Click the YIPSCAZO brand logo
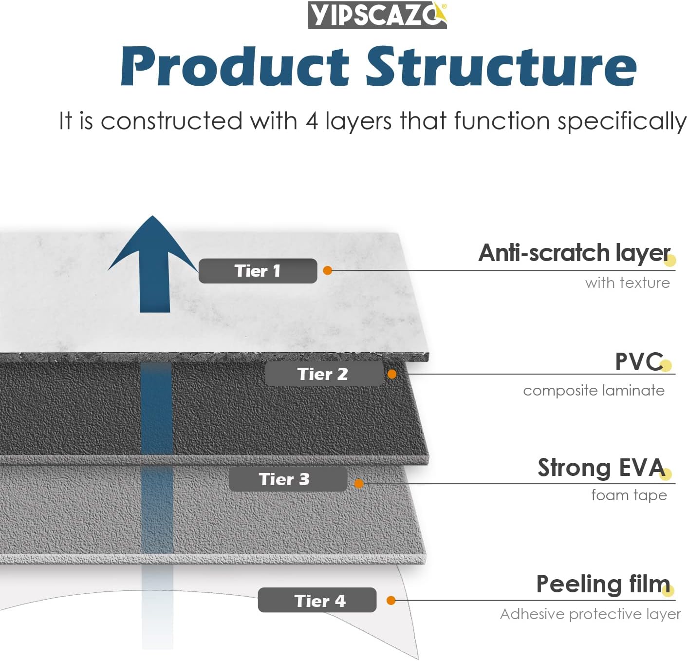coord(377,15)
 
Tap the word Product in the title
coord(235,67)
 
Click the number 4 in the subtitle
coord(312,121)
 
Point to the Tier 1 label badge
coord(258,271)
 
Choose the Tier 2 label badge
coord(323,374)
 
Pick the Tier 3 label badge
coord(287,479)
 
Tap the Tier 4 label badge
coord(317,601)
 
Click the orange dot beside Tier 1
coord(328,270)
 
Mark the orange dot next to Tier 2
coord(392,374)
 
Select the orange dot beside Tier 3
coord(359,483)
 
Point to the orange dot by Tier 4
coord(390,601)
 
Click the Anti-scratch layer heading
coord(574,253)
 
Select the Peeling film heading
coord(602,584)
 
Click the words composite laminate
coord(594,391)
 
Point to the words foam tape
coord(629,495)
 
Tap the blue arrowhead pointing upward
coord(153,244)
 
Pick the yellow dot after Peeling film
coord(668,591)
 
